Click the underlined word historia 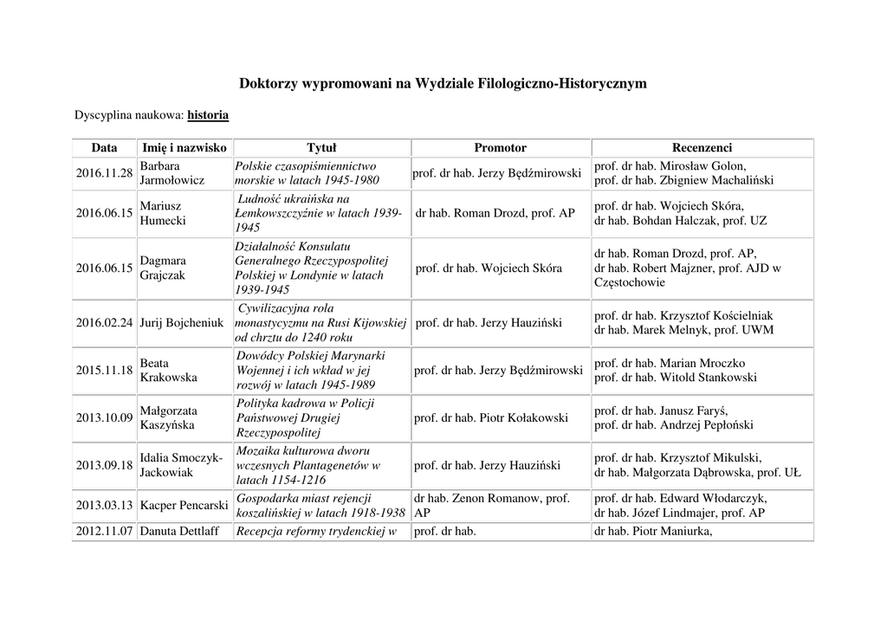208,114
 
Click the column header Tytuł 321,148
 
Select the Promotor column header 500,148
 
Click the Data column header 104,148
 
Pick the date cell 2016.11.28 104,173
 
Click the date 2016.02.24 104,323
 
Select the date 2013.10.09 104,418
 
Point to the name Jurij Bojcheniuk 182,323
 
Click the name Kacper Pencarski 184,505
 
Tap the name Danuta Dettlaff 183,531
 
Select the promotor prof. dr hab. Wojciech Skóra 489,268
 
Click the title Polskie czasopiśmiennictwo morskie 307,173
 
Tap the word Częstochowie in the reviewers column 630,282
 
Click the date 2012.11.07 104,531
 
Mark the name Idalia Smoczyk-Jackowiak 181,465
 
